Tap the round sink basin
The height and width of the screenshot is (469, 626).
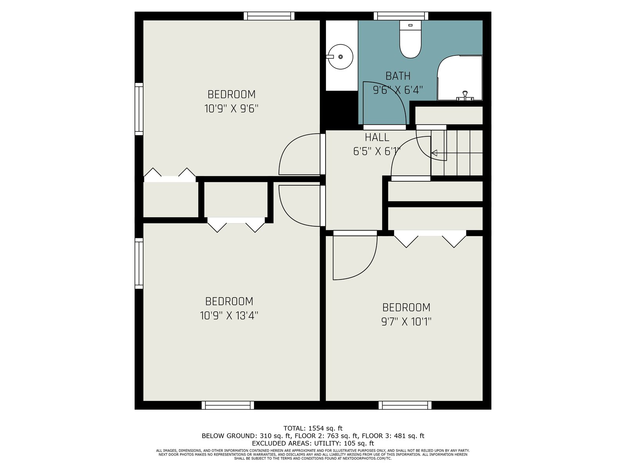click(340, 57)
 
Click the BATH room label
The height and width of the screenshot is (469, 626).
click(398, 76)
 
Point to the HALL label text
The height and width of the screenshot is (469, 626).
click(377, 138)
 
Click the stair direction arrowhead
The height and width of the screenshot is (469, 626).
click(434, 153)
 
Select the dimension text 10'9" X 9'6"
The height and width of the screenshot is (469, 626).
click(231, 109)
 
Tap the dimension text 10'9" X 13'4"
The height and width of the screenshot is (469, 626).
click(229, 315)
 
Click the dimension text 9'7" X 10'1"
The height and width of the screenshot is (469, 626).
click(406, 322)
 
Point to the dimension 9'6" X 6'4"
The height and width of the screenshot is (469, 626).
click(398, 90)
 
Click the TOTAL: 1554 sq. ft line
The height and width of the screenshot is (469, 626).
click(313, 428)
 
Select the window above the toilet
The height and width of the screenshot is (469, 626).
click(401, 16)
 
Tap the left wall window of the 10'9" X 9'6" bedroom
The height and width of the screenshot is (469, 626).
click(139, 109)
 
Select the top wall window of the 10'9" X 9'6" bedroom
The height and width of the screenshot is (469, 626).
click(269, 16)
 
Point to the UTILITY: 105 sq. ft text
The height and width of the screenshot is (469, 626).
click(344, 443)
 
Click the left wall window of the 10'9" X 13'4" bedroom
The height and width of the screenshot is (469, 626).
click(139, 263)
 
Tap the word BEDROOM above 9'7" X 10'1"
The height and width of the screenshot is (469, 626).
click(406, 308)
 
